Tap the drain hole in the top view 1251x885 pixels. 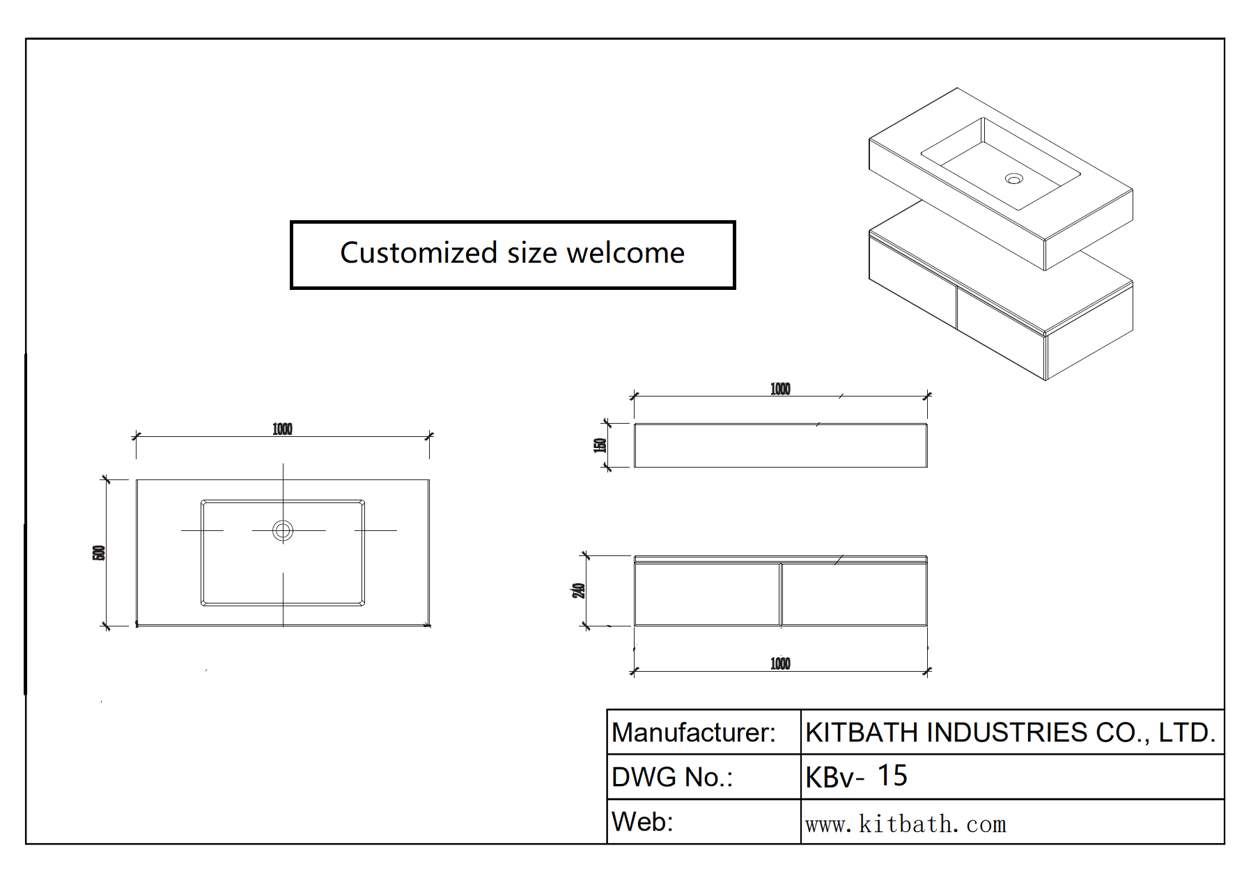pyautogui.click(x=283, y=530)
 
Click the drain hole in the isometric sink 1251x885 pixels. pyautogui.click(x=1013, y=179)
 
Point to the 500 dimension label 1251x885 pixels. pyautogui.click(x=99, y=553)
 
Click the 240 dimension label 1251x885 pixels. pyautogui.click(x=578, y=590)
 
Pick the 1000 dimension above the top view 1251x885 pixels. pyautogui.click(x=282, y=429)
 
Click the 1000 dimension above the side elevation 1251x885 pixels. pyautogui.click(x=780, y=389)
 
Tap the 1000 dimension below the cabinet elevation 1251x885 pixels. pyautogui.click(x=780, y=663)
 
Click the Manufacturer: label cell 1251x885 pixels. pyautogui.click(x=693, y=732)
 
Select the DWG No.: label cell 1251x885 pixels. pyautogui.click(x=671, y=777)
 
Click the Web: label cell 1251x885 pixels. pyautogui.click(x=642, y=822)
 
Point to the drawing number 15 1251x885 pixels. pyautogui.click(x=892, y=776)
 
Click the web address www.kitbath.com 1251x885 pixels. pyautogui.click(x=906, y=824)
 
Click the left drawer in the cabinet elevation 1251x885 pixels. pyautogui.click(x=707, y=594)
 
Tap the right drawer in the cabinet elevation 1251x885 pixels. pyautogui.click(x=854, y=594)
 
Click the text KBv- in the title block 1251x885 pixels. pyautogui.click(x=834, y=777)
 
